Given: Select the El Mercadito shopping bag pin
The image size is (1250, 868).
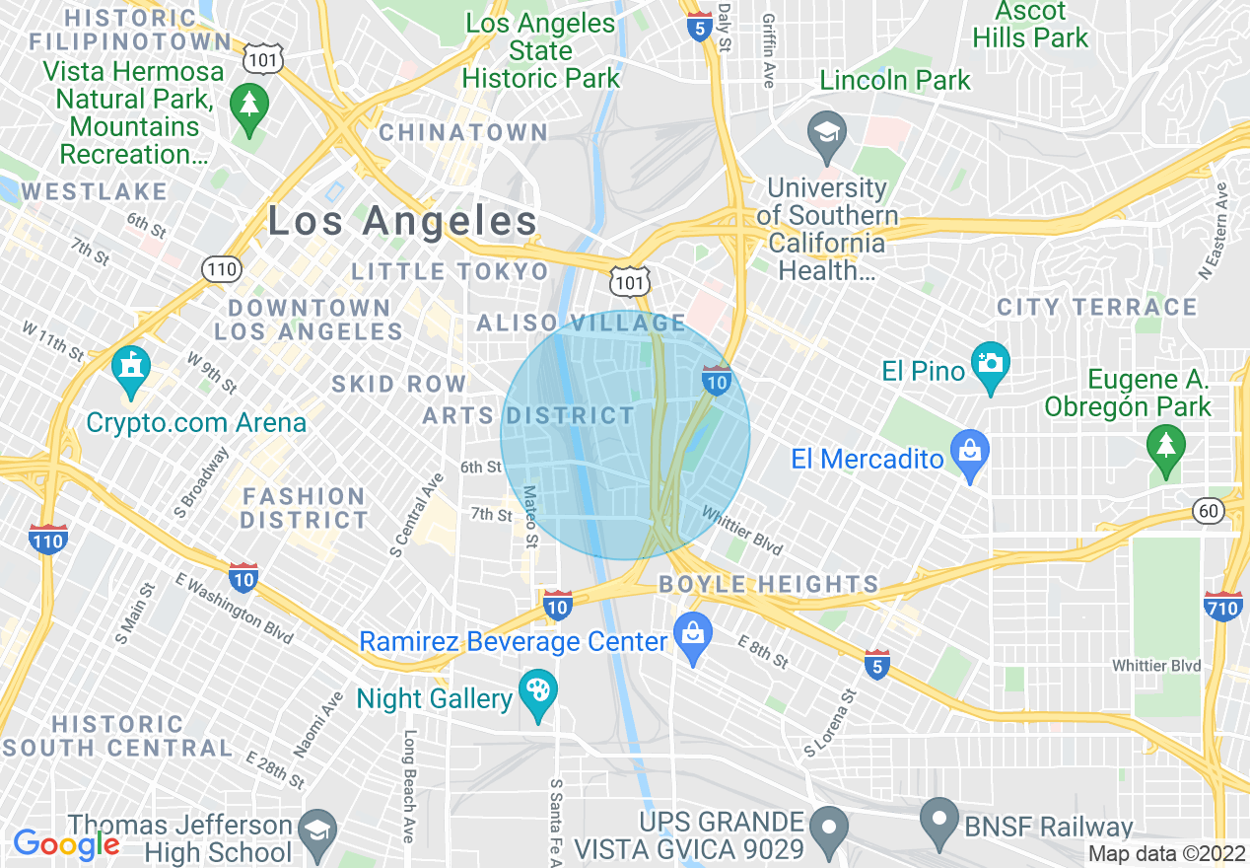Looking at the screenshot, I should [970, 454].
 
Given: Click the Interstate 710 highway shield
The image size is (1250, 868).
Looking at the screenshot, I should [1222, 605].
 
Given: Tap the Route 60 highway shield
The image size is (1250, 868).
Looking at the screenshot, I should [1208, 510].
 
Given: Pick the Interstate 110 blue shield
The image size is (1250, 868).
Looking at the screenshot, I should [48, 539].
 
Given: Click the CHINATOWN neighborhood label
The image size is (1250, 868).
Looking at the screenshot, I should [463, 132].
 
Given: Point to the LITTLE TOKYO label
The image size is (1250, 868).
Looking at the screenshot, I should [450, 271].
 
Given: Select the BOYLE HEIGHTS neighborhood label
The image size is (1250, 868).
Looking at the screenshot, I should [768, 584].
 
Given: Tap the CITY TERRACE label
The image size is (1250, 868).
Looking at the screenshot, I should [1096, 307].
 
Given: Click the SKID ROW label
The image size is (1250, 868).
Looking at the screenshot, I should [398, 384].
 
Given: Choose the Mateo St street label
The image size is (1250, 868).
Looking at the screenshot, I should [531, 515].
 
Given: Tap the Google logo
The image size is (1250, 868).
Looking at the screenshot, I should [65, 844].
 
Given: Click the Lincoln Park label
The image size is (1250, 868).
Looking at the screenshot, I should [895, 80].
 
